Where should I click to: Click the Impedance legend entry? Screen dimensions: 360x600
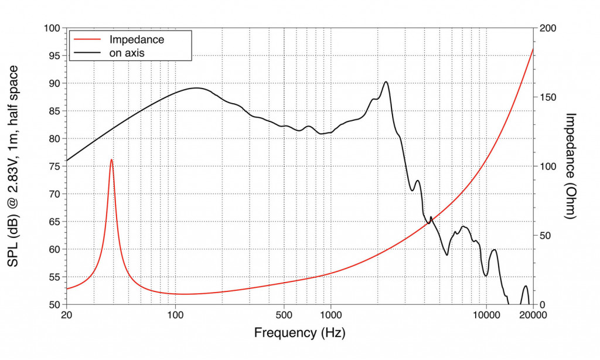click(137, 40)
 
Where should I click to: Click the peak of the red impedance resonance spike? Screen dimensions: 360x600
click(111, 159)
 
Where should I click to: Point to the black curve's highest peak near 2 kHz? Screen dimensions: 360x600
click(386, 82)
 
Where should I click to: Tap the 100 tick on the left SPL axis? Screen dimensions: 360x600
click(53, 28)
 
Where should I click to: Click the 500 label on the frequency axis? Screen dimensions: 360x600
click(284, 315)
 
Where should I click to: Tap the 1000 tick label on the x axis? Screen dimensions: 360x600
click(331, 315)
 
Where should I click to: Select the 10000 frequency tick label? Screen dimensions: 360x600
click(486, 315)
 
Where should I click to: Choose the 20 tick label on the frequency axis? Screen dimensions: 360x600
click(67, 315)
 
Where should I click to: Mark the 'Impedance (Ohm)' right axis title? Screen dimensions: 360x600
click(571, 167)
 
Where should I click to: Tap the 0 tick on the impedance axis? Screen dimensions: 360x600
click(543, 305)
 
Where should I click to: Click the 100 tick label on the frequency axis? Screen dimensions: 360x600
click(175, 315)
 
